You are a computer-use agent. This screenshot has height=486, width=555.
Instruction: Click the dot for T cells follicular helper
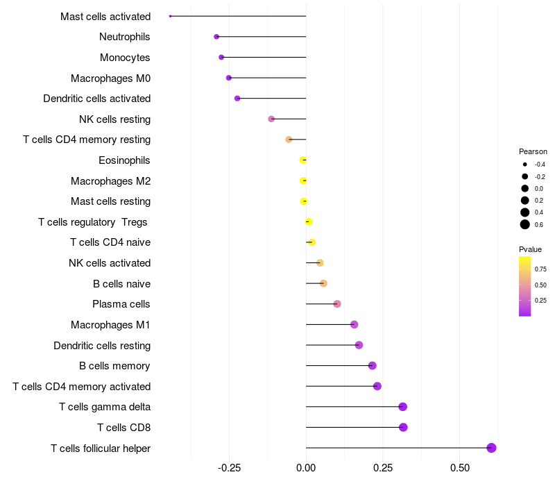pos(491,448)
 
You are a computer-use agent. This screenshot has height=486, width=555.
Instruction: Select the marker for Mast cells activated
pos(170,16)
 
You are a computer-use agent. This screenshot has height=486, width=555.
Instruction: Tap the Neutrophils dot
pos(216,37)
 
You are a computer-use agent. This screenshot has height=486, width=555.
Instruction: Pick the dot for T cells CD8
pos(403,427)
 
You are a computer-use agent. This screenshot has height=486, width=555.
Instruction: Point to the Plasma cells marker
pos(337,304)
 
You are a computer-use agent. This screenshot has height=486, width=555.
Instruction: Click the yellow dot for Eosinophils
pos(302,160)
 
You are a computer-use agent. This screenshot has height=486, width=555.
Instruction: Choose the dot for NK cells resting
pos(271,119)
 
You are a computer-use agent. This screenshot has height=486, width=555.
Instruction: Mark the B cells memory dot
pos(373,366)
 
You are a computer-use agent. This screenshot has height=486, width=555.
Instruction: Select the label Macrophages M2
pos(110,181)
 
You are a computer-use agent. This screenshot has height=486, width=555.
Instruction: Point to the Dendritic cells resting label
pos(102,345)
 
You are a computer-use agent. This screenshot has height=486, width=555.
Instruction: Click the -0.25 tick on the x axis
pos(230,468)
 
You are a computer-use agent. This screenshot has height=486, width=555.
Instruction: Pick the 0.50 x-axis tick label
pos(459,468)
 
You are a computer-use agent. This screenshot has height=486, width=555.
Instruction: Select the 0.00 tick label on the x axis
pos(306,468)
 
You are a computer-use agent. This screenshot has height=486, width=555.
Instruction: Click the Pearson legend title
pos(533,151)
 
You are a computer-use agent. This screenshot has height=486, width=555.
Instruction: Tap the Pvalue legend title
pos(530,249)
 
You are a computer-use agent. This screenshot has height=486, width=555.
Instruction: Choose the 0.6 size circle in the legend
pos(525,224)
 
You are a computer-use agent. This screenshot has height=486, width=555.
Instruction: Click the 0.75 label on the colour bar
pos(540,269)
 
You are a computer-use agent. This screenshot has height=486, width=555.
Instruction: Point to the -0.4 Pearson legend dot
pos(525,165)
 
